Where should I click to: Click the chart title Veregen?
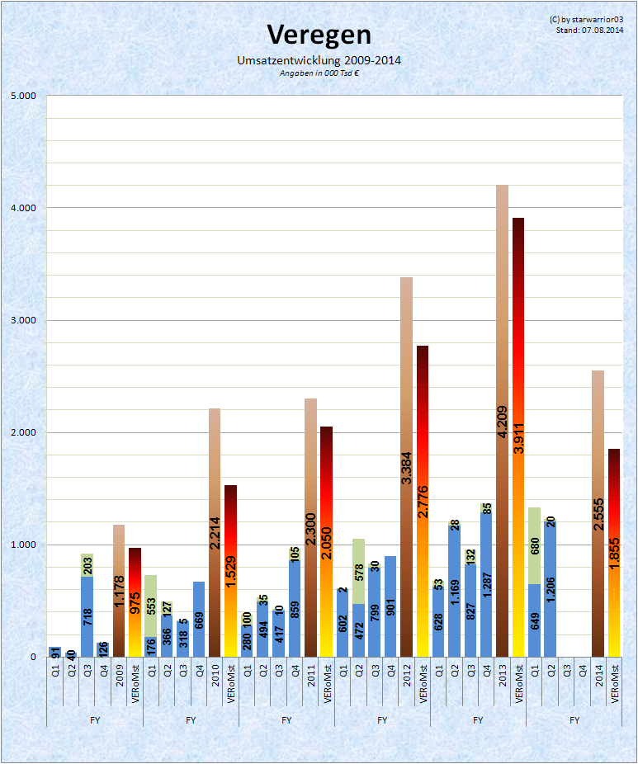click(319, 35)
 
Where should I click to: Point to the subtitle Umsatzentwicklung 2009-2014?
click(319, 61)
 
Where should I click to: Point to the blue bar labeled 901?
click(390, 611)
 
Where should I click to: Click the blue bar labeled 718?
click(87, 619)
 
